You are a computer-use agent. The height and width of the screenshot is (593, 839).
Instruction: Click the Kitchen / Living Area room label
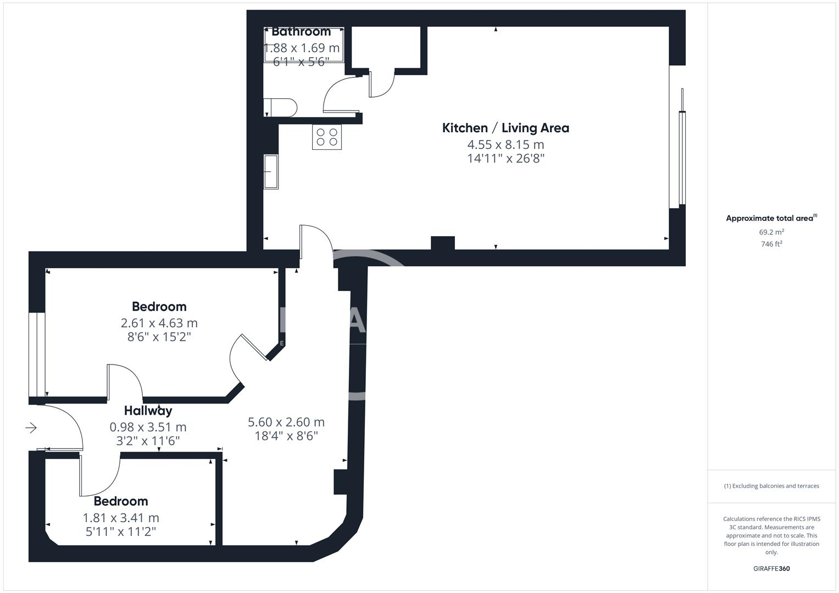[505, 128]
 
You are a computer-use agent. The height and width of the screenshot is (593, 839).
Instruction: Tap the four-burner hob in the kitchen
[326, 137]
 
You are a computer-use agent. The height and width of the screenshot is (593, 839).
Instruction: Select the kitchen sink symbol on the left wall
[271, 171]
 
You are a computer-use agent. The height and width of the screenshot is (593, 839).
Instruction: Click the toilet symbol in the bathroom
[280, 108]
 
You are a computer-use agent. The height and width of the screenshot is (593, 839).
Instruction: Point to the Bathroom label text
[301, 32]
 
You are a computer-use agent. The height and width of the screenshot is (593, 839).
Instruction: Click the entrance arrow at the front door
[31, 427]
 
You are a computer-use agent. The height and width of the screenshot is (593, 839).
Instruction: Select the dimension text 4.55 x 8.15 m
[505, 144]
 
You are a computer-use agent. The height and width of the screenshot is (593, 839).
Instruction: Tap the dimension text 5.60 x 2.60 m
[286, 422]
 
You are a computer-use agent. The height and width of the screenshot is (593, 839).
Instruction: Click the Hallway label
[148, 411]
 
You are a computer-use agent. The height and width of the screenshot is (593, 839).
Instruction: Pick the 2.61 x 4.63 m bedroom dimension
[159, 323]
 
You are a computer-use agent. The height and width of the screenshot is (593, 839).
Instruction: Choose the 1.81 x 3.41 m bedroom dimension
[121, 518]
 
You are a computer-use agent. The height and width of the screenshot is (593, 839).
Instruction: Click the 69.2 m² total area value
[771, 232]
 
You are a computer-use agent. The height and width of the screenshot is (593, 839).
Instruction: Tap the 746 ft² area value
[771, 244]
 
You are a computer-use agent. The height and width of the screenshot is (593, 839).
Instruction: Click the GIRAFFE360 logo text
[771, 569]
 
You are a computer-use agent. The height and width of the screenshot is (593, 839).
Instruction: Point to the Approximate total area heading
[771, 218]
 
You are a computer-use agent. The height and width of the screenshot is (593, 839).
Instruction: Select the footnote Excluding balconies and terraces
[771, 486]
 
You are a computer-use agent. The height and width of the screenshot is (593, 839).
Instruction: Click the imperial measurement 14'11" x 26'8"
[505, 159]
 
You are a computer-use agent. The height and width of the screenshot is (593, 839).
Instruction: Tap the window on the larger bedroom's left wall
[37, 354]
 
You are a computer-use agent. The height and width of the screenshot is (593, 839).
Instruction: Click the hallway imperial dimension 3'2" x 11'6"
[148, 440]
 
